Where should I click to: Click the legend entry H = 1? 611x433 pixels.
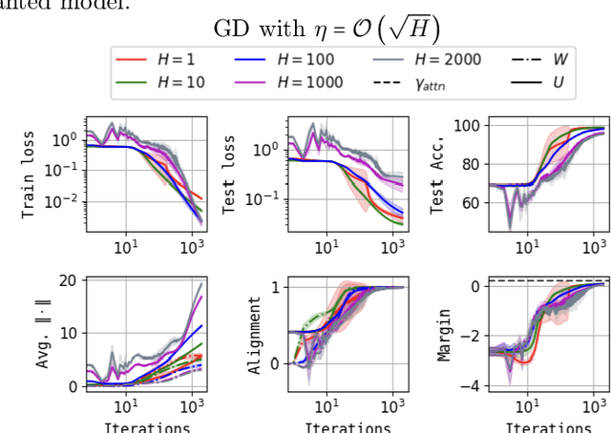[x=161, y=59]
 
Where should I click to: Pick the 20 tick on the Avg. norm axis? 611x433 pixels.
[x=66, y=280]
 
